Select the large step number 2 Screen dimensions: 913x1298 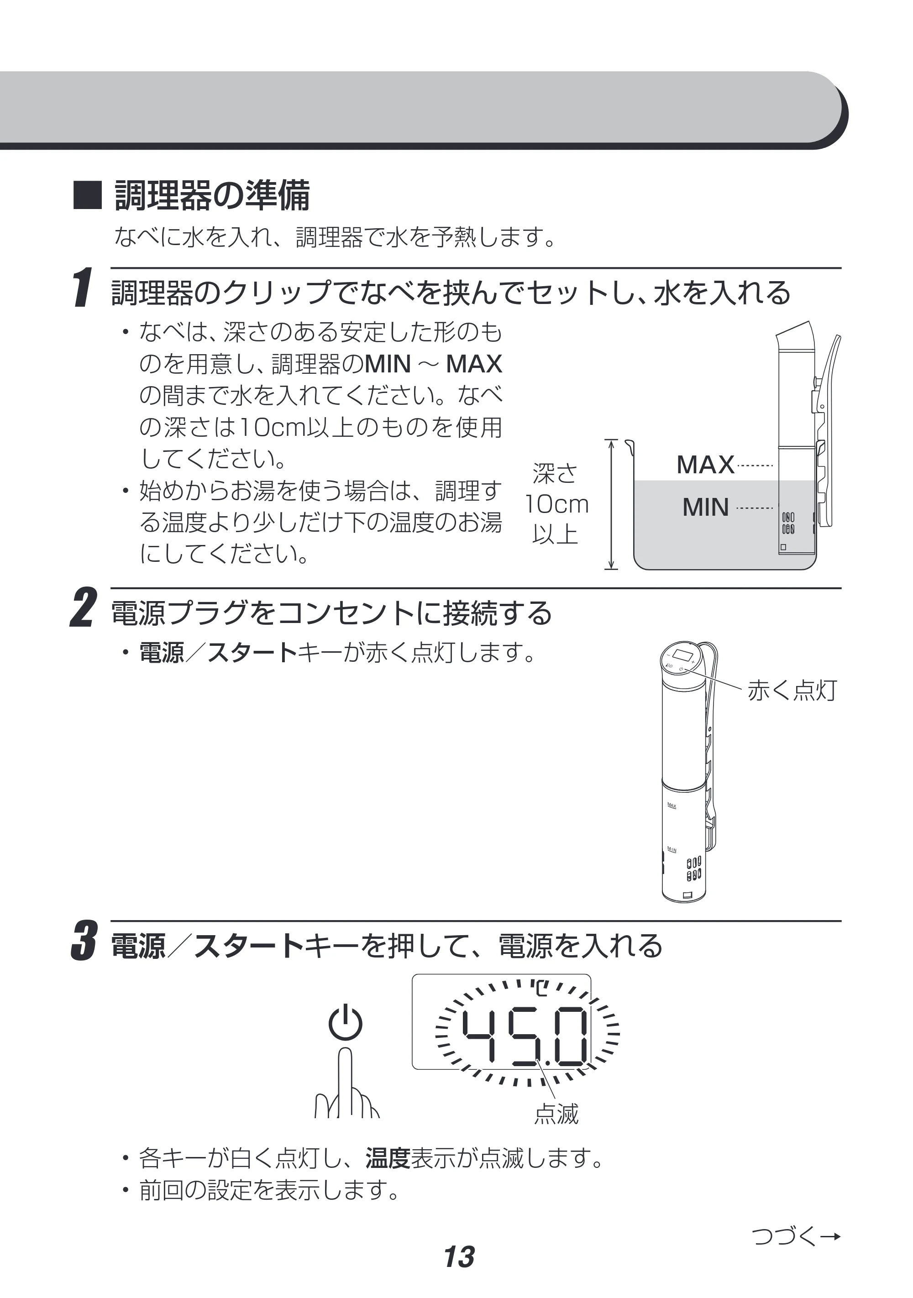tap(83, 608)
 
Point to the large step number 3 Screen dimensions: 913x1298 tap(83, 940)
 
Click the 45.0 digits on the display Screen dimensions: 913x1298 tap(525, 1036)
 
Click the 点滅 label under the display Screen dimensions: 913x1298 tap(557, 1114)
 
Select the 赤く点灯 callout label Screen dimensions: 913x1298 tap(792, 690)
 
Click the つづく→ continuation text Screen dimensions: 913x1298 tap(797, 1237)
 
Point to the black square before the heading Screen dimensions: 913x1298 tap(88, 196)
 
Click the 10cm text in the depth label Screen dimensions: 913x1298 tap(557, 504)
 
